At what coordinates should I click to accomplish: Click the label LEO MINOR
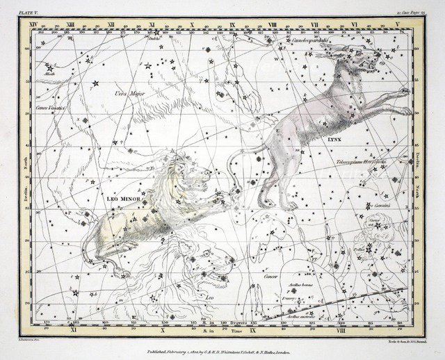(x=123, y=199)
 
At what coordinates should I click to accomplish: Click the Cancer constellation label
(x=270, y=277)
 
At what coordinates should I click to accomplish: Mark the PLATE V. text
(x=31, y=13)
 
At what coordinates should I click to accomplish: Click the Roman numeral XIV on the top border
(x=32, y=24)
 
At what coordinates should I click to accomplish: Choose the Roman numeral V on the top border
(x=397, y=24)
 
